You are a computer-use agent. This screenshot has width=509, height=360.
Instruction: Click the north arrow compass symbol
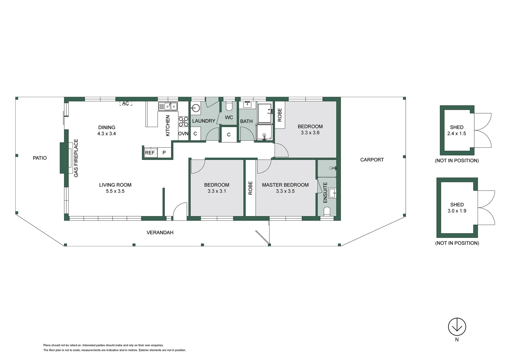coord(457,327)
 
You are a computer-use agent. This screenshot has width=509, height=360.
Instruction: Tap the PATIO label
coord(40,158)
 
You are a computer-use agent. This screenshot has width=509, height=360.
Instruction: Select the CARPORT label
coord(372,160)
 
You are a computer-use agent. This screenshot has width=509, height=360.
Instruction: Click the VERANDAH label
coord(160,233)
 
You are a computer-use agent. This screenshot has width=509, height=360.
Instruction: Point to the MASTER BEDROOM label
coord(285,185)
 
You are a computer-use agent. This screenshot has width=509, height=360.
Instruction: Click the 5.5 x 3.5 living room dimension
coord(115,191)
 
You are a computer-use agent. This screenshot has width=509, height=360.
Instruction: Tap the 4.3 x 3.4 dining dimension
coord(107,134)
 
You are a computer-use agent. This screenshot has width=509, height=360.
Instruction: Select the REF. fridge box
coord(150,153)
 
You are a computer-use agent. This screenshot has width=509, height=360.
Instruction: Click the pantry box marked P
coord(164,153)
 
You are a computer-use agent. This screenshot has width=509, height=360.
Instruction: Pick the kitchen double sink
coord(168,106)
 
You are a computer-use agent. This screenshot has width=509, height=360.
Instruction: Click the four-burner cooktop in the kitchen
coord(183,122)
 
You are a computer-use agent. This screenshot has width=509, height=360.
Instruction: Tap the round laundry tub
coord(196,108)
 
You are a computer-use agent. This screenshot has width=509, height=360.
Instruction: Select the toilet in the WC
coord(229,106)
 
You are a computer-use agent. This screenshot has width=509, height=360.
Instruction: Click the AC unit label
coord(126,104)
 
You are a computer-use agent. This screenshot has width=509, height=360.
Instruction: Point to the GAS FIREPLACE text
coord(76,158)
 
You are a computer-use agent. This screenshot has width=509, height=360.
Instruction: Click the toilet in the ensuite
coord(327,212)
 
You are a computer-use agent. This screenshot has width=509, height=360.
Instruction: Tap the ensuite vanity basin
coord(332,193)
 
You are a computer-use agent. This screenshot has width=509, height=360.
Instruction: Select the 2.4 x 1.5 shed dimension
coord(456,134)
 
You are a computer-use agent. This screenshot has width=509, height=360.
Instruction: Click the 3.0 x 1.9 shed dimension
coord(457,211)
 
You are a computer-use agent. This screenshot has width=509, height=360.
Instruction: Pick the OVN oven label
coord(183,134)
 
